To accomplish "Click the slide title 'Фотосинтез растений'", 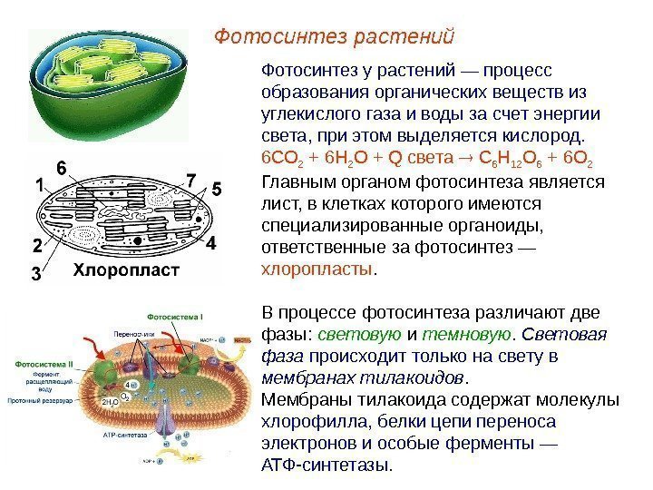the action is (333, 37).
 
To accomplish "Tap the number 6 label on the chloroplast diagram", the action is (62, 168).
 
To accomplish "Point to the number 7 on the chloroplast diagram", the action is (191, 179).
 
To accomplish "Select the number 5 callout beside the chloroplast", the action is (216, 191).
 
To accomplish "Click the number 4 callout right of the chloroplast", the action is (210, 245).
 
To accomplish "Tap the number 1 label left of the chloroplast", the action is (39, 185).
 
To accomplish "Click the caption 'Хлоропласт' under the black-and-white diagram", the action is (126, 269).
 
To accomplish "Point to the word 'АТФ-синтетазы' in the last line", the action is (326, 465).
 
